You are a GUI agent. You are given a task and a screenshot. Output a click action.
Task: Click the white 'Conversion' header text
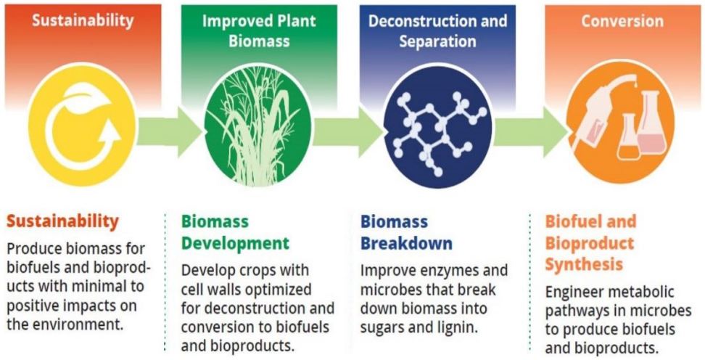tap(622, 21)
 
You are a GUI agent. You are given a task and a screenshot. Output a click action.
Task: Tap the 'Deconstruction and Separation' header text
tap(438, 31)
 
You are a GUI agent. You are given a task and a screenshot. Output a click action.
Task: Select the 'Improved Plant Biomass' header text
tap(259, 31)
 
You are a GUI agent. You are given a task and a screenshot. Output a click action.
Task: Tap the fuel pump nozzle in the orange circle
tap(597, 113)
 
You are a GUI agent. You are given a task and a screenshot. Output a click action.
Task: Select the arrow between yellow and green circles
tap(170, 131)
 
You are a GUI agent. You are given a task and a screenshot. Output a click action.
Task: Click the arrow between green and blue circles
tap(347, 131)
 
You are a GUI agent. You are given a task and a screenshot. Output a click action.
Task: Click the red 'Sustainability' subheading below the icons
tap(62, 222)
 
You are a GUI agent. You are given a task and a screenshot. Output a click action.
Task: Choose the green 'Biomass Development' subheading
tap(235, 233)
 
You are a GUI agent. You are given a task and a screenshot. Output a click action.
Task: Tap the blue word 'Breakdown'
tap(406, 243)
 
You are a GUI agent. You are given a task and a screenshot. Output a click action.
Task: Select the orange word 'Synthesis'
tap(584, 264)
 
